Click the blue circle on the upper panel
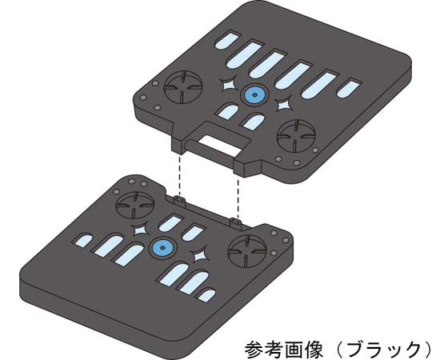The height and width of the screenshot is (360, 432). (x=254, y=94)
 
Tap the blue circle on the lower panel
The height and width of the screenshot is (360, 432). (x=162, y=248)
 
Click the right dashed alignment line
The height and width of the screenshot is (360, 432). (x=238, y=197)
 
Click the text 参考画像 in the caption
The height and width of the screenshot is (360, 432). (x=283, y=349)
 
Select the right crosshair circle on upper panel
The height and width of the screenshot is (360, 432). (x=296, y=135)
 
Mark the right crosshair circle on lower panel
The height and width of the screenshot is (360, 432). (x=246, y=251)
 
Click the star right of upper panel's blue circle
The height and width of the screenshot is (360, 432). (x=283, y=106)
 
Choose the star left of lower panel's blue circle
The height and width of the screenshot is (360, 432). (x=140, y=230)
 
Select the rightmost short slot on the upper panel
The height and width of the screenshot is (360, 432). (x=349, y=89)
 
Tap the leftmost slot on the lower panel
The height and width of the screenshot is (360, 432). (x=83, y=241)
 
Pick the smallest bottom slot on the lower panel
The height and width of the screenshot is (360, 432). (x=206, y=294)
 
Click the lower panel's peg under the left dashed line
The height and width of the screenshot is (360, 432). (x=179, y=200)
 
